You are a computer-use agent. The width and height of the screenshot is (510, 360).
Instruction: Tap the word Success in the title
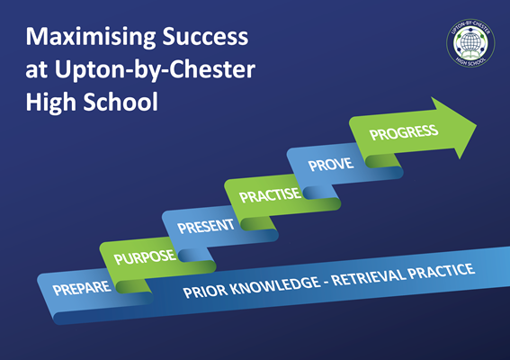(x=205, y=36)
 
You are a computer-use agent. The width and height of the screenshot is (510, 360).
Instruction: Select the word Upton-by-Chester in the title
(x=155, y=70)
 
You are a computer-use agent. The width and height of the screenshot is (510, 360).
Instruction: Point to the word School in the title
(x=121, y=101)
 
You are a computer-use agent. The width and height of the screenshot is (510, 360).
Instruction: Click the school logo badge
(x=470, y=43)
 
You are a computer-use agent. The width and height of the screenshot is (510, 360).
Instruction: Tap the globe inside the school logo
(x=470, y=41)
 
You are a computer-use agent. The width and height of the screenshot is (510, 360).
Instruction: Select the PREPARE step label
(x=82, y=288)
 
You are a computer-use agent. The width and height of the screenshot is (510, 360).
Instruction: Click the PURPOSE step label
(x=145, y=257)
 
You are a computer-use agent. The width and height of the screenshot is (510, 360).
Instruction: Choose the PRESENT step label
(x=206, y=227)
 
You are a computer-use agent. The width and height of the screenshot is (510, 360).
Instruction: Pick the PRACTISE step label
(x=270, y=195)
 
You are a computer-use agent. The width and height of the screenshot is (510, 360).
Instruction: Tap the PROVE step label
(x=331, y=165)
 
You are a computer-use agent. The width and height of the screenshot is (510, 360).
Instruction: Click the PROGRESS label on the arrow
(x=404, y=132)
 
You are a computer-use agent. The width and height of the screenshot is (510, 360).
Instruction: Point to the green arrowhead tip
(x=477, y=125)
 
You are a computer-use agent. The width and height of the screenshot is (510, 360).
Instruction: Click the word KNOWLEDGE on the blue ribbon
(x=277, y=286)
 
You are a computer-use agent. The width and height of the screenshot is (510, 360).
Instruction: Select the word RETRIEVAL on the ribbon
(x=369, y=276)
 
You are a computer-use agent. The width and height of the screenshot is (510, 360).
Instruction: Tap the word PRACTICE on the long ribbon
(x=442, y=271)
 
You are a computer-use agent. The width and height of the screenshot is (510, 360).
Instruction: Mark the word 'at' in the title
(x=37, y=71)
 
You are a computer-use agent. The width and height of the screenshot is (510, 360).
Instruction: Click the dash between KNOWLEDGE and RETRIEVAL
(x=327, y=282)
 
